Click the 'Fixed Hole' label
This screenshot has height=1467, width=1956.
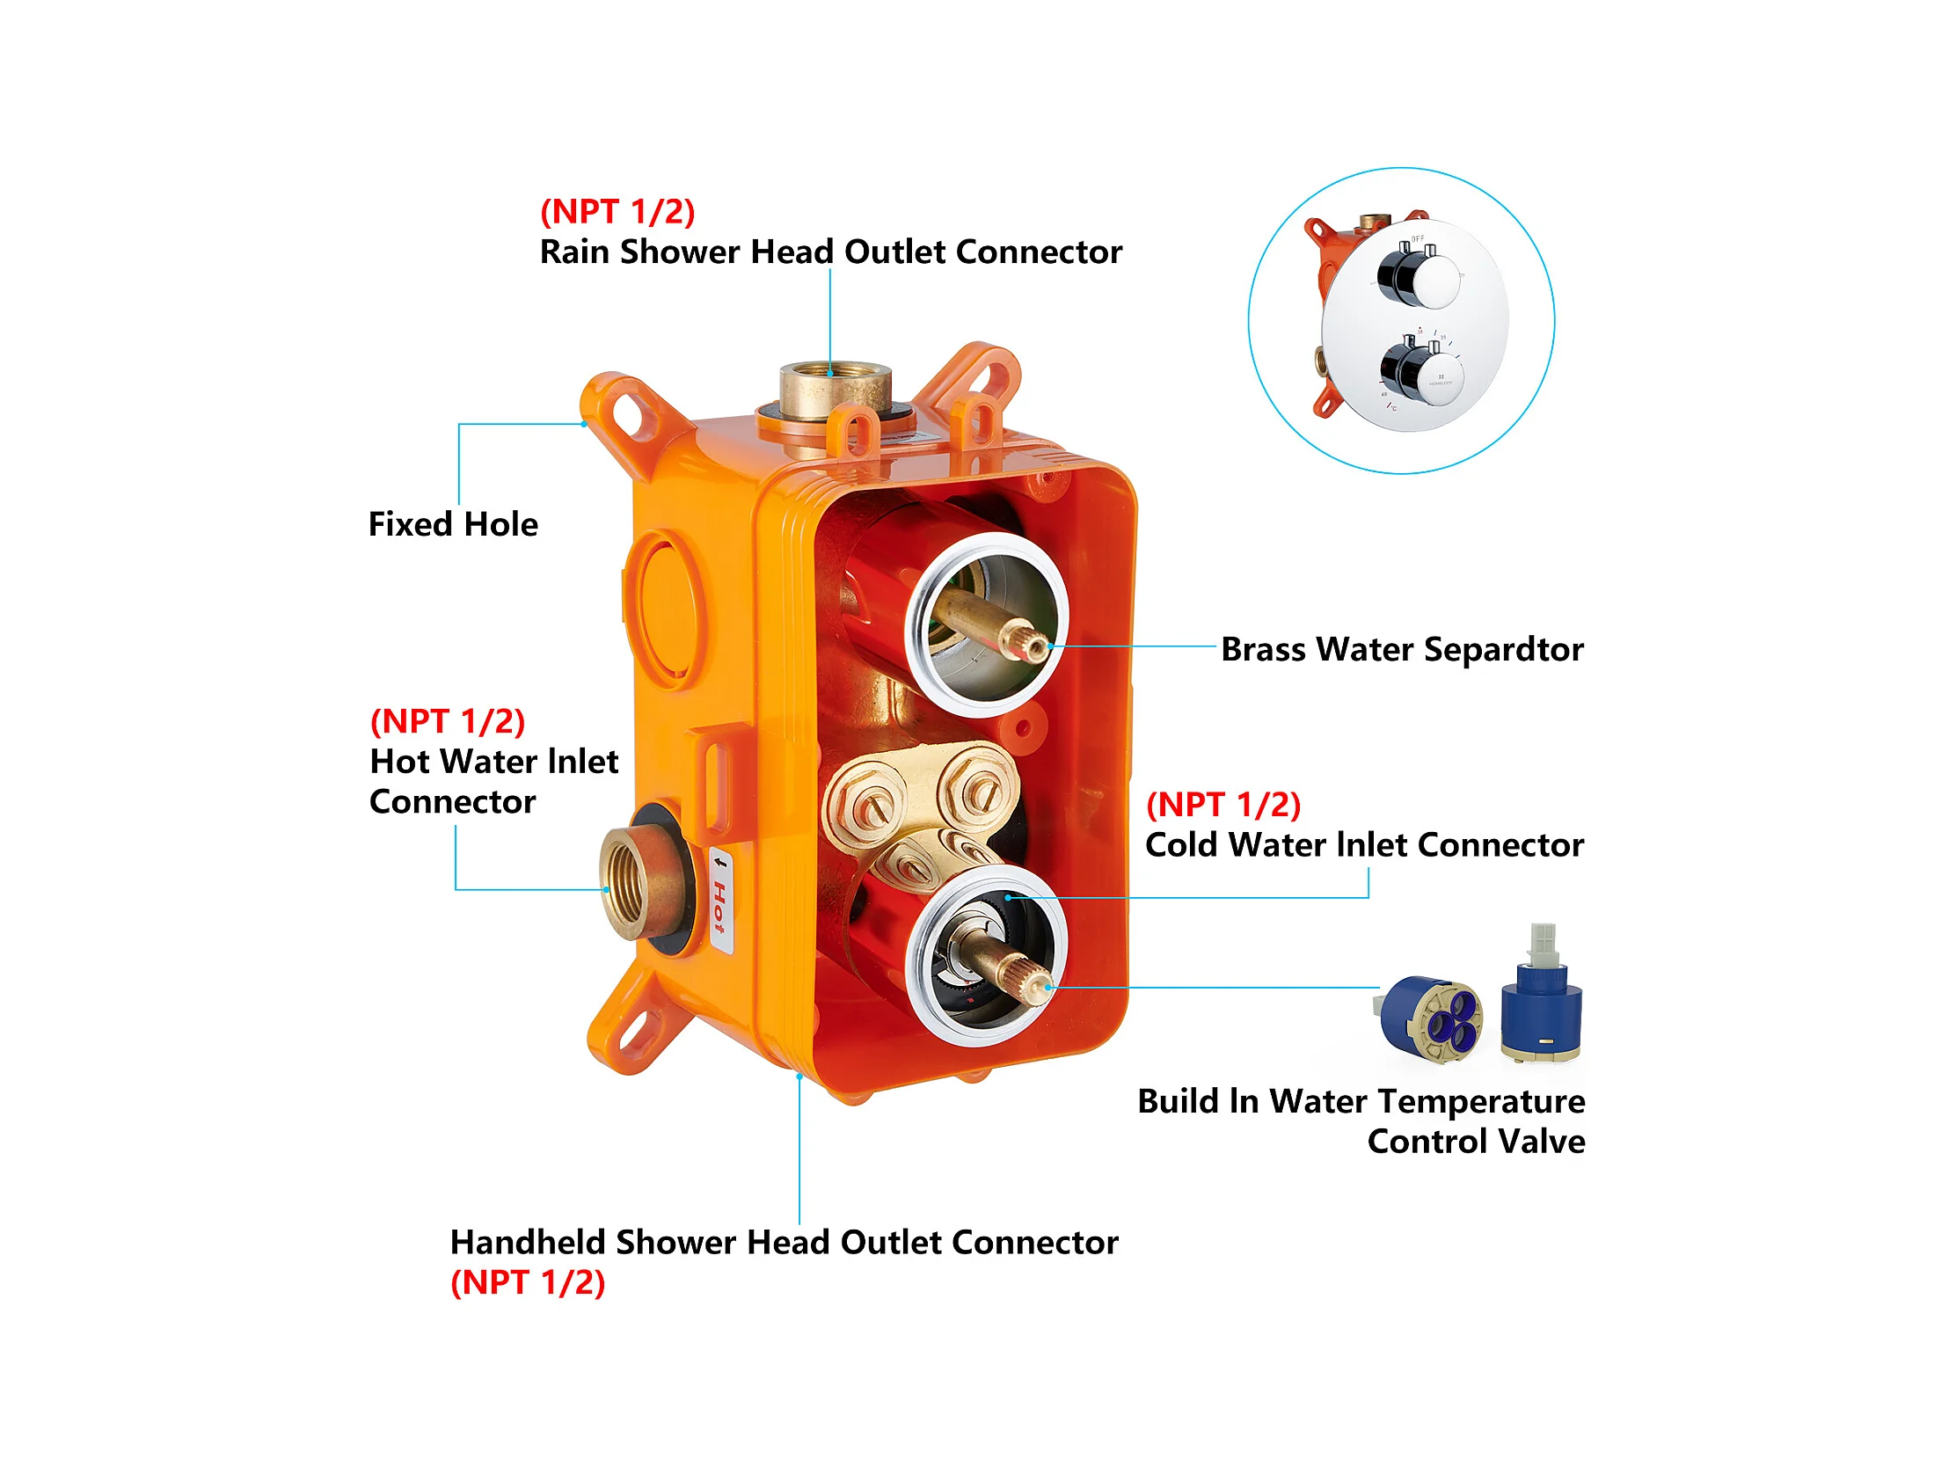[453, 524]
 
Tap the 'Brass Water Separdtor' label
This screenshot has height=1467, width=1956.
[1403, 650]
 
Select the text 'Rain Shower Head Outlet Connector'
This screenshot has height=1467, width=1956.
[830, 252]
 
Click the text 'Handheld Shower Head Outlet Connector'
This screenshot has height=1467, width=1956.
[784, 1243]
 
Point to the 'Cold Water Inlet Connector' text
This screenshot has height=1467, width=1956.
[1364, 845]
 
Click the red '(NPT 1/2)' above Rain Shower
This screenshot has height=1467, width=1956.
[617, 212]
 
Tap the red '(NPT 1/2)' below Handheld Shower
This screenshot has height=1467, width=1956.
[528, 1283]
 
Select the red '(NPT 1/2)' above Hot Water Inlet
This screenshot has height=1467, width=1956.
[448, 721]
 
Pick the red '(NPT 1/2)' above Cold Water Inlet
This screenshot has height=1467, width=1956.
[1223, 806]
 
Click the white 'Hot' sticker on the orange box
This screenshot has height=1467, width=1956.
[720, 900]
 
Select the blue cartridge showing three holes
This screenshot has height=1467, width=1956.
[1429, 1019]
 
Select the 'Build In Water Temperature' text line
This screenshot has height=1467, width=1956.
[1361, 1102]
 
